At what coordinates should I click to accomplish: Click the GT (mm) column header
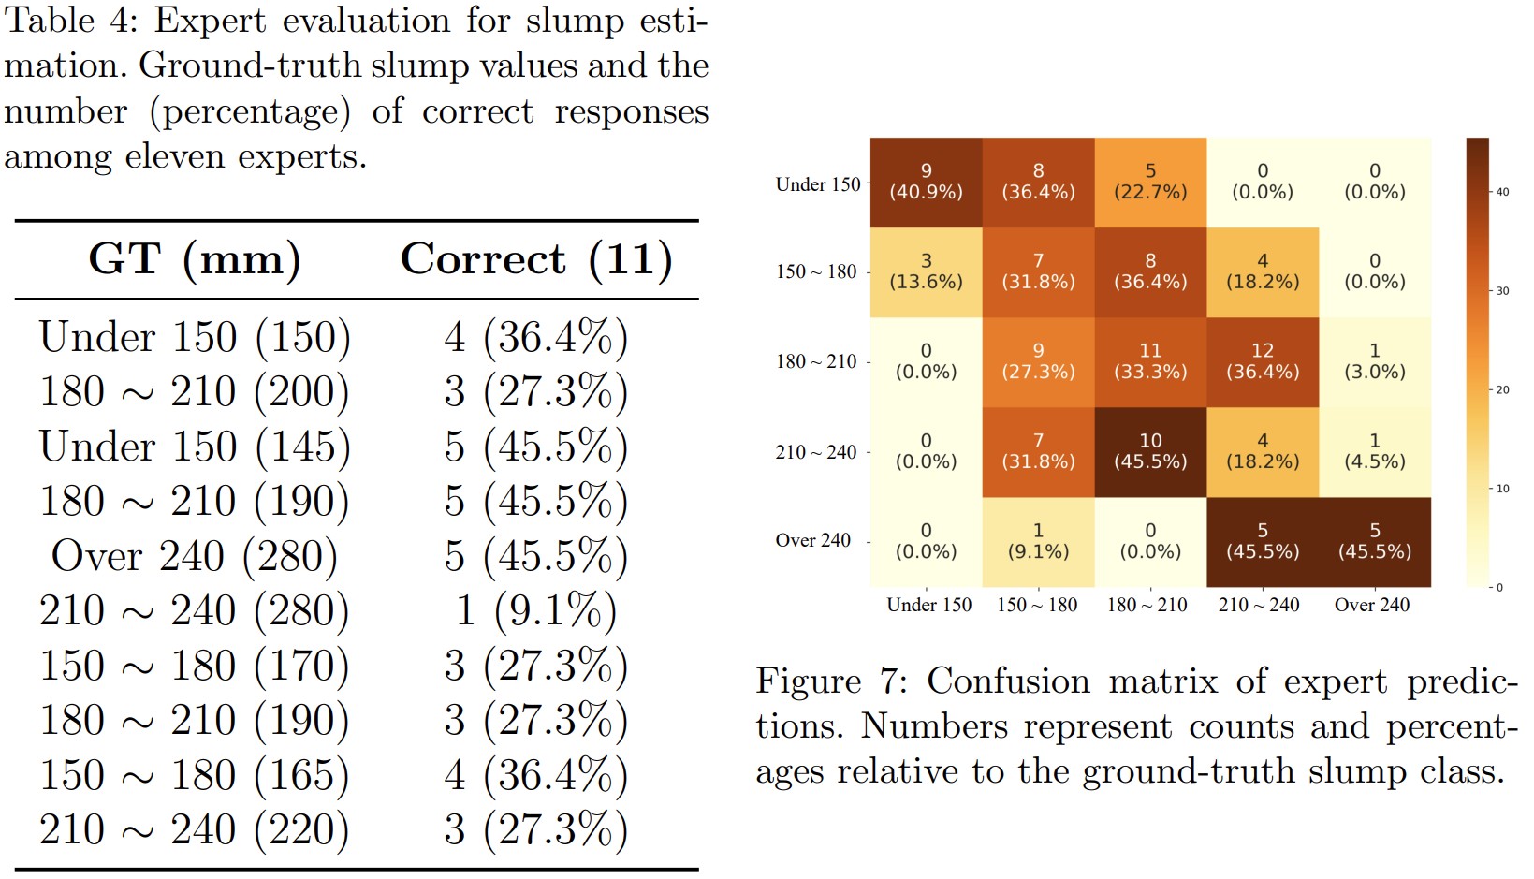[x=195, y=259]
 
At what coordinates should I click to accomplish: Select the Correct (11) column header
[x=536, y=259]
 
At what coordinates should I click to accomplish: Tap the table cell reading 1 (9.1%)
[x=536, y=610]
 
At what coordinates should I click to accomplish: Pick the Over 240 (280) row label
[x=195, y=556]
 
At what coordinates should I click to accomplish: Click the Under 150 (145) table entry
[x=195, y=447]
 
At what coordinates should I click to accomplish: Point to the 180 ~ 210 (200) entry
[x=195, y=391]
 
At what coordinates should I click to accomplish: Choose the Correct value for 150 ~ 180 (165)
[x=536, y=775]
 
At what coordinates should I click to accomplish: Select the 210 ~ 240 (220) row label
[x=195, y=829]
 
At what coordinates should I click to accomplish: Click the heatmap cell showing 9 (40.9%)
[x=926, y=182]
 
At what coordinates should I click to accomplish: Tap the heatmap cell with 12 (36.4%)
[x=1263, y=361]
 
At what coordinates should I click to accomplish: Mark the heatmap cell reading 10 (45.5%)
[x=1150, y=451]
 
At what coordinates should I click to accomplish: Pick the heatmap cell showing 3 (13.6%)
[x=926, y=271]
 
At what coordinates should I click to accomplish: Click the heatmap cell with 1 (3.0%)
[x=1375, y=361]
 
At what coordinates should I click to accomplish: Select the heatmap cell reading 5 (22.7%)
[x=1150, y=182]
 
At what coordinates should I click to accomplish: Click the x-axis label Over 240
[x=1372, y=606]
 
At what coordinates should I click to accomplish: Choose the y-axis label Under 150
[x=817, y=184]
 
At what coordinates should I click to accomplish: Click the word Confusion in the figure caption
[x=1008, y=681]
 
